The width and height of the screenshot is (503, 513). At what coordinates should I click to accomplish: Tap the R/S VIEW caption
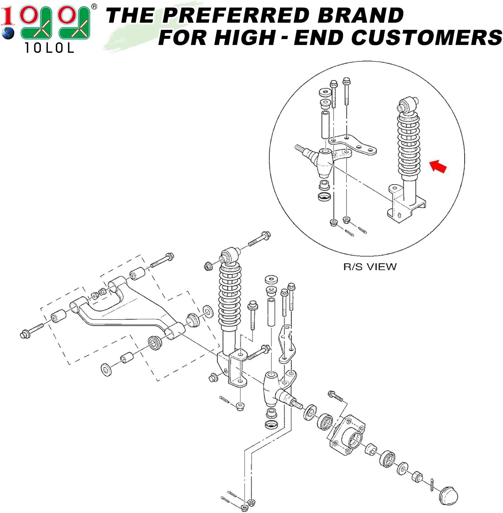pyautogui.click(x=370, y=266)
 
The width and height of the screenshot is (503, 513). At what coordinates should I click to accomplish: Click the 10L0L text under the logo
pyautogui.click(x=49, y=48)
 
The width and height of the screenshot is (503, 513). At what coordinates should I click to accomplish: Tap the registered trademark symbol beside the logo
pyautogui.click(x=94, y=7)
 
